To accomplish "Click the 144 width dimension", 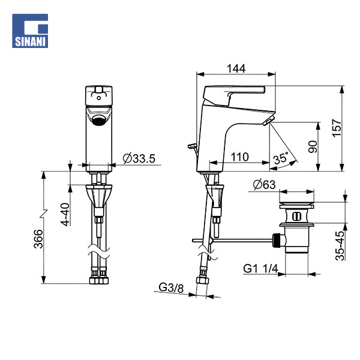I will pyautogui.click(x=236, y=68).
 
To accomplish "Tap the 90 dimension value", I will pyautogui.click(x=312, y=146).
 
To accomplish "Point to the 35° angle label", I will pyautogui.click(x=280, y=158).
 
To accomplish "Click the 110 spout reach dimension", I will pyautogui.click(x=239, y=157).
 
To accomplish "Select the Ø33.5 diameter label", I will pyautogui.click(x=139, y=158).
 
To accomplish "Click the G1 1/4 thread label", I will pyautogui.click(x=260, y=269).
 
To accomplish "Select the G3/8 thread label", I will pyautogui.click(x=171, y=287).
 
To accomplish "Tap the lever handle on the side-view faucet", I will pyautogui.click(x=234, y=93).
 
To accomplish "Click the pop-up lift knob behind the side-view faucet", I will pyautogui.click(x=192, y=146).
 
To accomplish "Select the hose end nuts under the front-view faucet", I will pyautogui.click(x=99, y=278).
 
